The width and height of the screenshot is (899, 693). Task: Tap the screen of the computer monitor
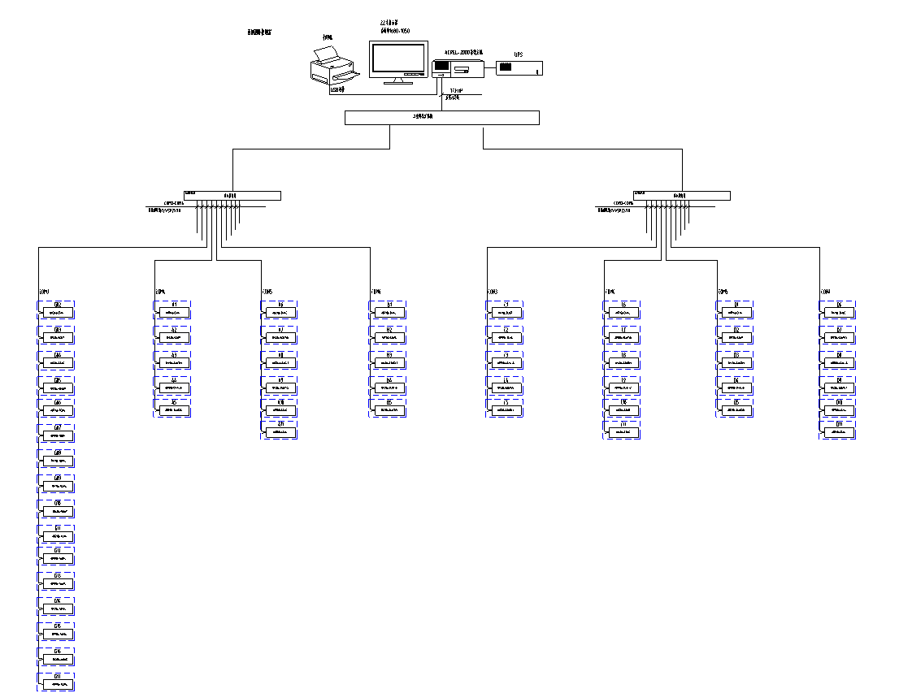[x=398, y=58]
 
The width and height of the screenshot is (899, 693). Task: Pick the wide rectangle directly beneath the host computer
[x=441, y=118]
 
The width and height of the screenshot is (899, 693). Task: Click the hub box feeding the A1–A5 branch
[x=232, y=195]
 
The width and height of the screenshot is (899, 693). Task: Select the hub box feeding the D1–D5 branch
[x=682, y=195]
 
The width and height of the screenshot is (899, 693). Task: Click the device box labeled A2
[x=173, y=336]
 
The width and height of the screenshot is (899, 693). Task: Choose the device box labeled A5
[x=173, y=410]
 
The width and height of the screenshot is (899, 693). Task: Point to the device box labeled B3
[x=389, y=362]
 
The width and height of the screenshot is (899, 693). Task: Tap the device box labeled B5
[x=389, y=410]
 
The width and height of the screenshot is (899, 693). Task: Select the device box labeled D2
[x=735, y=336]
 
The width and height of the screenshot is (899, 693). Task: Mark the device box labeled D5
[x=735, y=410]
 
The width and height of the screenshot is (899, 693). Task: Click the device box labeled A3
[x=173, y=362]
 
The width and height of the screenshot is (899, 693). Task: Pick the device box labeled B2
[x=389, y=336]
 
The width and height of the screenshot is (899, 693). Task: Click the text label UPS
[x=518, y=54]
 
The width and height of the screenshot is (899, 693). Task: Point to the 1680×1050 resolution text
[x=395, y=31]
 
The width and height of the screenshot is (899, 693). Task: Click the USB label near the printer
[x=337, y=89]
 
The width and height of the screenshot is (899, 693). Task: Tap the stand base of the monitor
[x=397, y=80]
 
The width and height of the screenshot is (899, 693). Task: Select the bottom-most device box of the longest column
[x=57, y=683]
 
